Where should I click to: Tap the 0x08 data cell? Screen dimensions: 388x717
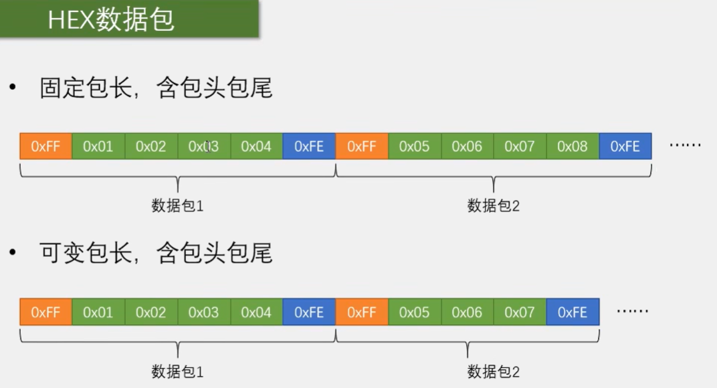[x=573, y=146]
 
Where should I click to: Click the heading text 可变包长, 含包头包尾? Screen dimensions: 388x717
[x=156, y=253]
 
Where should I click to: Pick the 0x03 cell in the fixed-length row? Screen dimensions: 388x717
[x=204, y=146]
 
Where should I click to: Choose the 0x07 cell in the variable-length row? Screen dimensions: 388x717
[x=520, y=312]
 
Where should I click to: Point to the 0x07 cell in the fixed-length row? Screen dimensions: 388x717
[x=520, y=146]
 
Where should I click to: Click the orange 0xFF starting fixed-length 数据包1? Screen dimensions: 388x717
[x=45, y=146]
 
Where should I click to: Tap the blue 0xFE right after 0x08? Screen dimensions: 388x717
[x=625, y=146]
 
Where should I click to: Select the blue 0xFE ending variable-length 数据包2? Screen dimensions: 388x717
[x=573, y=312]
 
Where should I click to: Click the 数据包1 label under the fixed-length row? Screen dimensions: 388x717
[x=177, y=205]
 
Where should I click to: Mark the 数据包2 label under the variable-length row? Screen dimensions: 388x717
[x=494, y=371]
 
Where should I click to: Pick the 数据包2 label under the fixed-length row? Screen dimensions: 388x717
[x=494, y=205]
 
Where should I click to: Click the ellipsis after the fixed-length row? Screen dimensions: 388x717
[x=685, y=144]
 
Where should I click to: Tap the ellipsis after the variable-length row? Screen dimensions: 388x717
[x=632, y=310]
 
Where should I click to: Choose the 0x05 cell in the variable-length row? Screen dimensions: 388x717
[x=414, y=312]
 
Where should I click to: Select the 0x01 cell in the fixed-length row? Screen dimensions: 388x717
[x=98, y=146]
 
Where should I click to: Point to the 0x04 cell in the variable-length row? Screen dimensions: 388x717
[x=256, y=312]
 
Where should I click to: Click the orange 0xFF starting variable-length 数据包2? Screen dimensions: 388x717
[x=362, y=312]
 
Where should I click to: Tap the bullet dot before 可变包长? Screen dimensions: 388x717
[x=12, y=253]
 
